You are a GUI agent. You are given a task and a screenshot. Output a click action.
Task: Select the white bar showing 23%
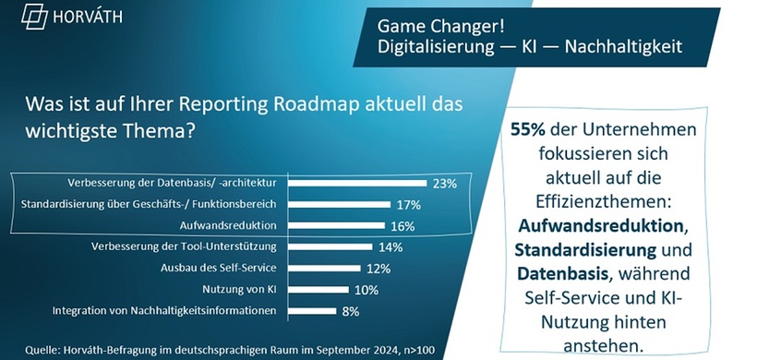click(x=357, y=183)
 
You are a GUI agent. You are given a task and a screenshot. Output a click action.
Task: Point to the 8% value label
click(x=351, y=311)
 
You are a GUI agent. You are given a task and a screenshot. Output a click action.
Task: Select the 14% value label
click(x=392, y=246)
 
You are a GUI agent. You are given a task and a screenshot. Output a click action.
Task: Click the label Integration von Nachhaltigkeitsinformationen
click(x=165, y=311)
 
